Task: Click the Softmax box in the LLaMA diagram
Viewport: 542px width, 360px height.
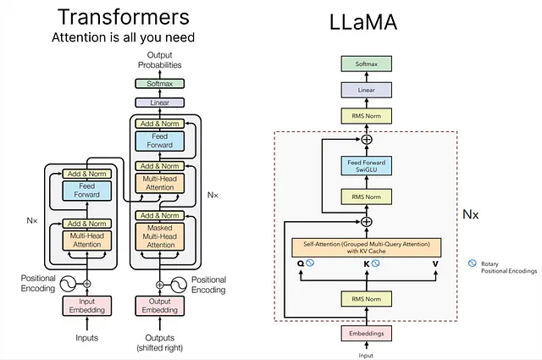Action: [367, 64]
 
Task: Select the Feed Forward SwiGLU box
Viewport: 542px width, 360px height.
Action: [367, 166]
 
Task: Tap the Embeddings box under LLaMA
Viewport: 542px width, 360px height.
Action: [367, 334]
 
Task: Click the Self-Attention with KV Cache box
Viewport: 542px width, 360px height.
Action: [367, 247]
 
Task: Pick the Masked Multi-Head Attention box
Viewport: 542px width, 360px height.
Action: [160, 236]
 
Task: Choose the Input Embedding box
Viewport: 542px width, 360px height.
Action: [86, 306]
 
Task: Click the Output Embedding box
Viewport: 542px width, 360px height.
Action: [160, 306]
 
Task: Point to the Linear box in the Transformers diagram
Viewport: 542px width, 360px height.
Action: [160, 102]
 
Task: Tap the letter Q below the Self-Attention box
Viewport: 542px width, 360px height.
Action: [301, 263]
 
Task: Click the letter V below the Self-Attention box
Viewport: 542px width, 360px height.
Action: [435, 264]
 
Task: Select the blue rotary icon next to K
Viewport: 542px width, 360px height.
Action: [375, 263]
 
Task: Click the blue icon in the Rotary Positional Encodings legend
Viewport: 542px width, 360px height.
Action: [473, 263]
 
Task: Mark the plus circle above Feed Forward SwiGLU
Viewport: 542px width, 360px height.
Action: [367, 140]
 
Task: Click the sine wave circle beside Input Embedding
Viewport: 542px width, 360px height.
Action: [68, 284]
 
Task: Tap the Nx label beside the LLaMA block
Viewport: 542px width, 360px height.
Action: [471, 214]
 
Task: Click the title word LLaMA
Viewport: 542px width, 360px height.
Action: [363, 22]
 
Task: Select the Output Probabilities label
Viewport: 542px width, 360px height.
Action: [160, 60]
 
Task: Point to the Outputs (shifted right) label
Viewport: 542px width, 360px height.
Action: [160, 343]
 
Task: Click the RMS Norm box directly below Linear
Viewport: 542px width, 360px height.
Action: [367, 116]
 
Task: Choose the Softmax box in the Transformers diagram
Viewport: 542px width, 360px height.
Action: [160, 83]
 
